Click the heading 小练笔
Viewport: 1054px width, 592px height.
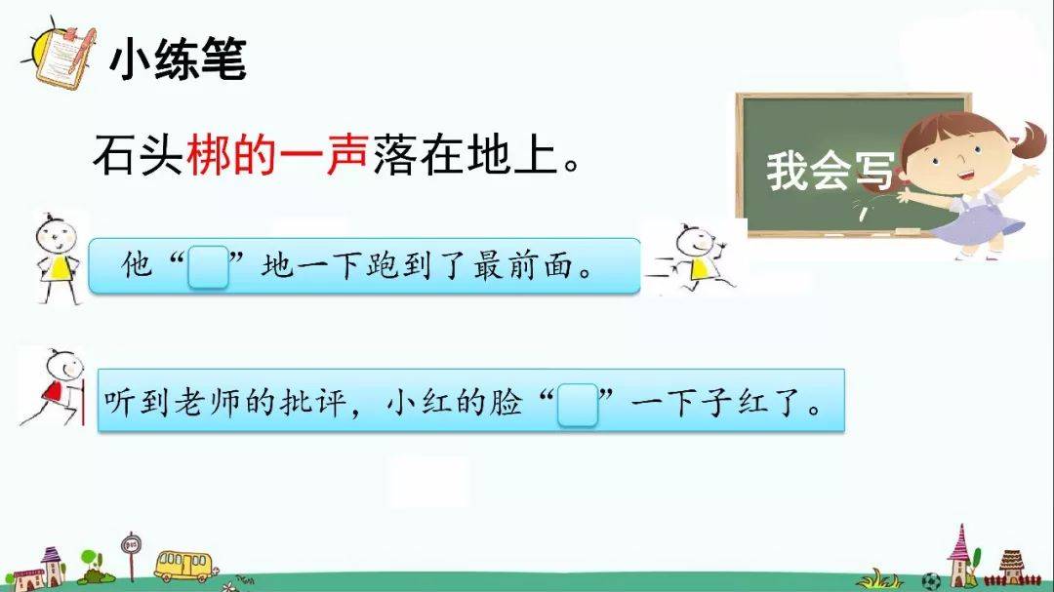click(179, 59)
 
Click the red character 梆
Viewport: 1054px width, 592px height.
click(209, 154)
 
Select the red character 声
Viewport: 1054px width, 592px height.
click(346, 154)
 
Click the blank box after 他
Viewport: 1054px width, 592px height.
click(208, 267)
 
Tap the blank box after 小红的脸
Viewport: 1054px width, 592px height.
click(578, 405)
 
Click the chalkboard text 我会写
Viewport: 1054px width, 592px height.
click(831, 171)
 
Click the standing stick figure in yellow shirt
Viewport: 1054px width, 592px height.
click(58, 258)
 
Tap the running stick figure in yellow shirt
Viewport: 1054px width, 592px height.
click(692, 258)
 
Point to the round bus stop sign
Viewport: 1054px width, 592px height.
click(131, 543)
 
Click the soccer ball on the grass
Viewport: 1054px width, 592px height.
click(930, 581)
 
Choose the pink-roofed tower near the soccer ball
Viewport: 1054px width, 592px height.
click(962, 555)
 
